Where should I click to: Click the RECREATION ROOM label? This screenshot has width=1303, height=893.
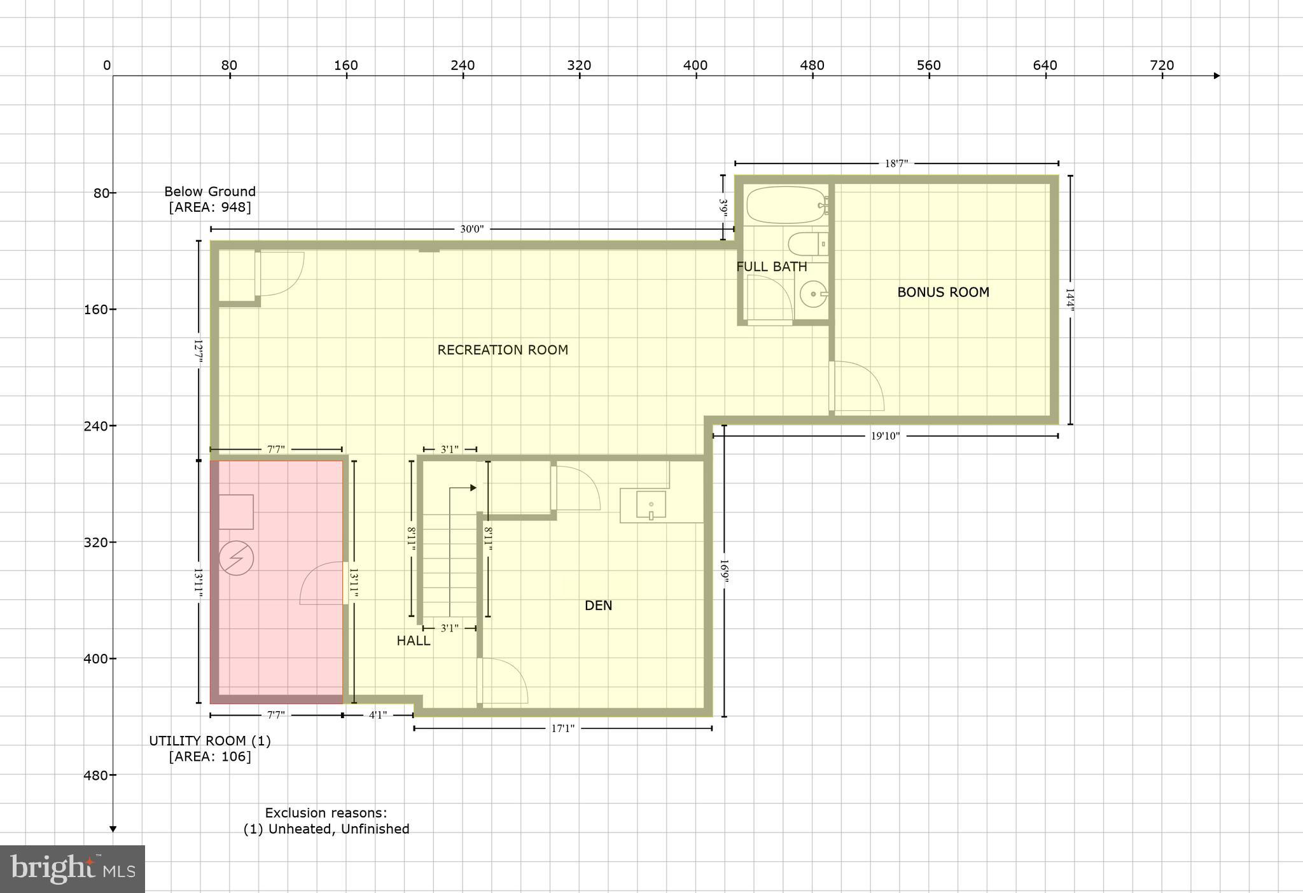click(503, 350)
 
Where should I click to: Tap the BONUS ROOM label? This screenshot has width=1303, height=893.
click(943, 293)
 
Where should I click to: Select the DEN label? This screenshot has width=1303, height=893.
click(598, 606)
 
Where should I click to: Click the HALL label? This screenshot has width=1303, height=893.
click(414, 640)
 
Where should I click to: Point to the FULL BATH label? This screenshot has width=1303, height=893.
click(771, 267)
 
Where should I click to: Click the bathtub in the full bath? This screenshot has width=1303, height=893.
click(785, 204)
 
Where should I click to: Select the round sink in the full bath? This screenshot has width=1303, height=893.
click(814, 294)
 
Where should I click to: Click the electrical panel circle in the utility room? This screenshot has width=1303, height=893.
click(236, 558)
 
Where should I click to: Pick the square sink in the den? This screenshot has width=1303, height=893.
click(650, 504)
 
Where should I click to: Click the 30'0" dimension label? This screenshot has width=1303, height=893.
click(471, 229)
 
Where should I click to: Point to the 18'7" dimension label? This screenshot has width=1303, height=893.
click(896, 163)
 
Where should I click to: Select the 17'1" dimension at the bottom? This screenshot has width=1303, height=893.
click(562, 728)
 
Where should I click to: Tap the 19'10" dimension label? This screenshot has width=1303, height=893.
click(885, 436)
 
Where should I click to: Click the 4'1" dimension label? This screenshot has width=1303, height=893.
click(378, 715)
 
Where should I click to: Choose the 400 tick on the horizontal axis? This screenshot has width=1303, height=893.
click(695, 66)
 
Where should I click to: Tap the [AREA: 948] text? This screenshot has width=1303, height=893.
click(210, 207)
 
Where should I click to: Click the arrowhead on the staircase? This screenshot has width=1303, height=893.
click(473, 488)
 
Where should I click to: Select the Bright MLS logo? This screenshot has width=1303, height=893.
click(73, 868)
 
